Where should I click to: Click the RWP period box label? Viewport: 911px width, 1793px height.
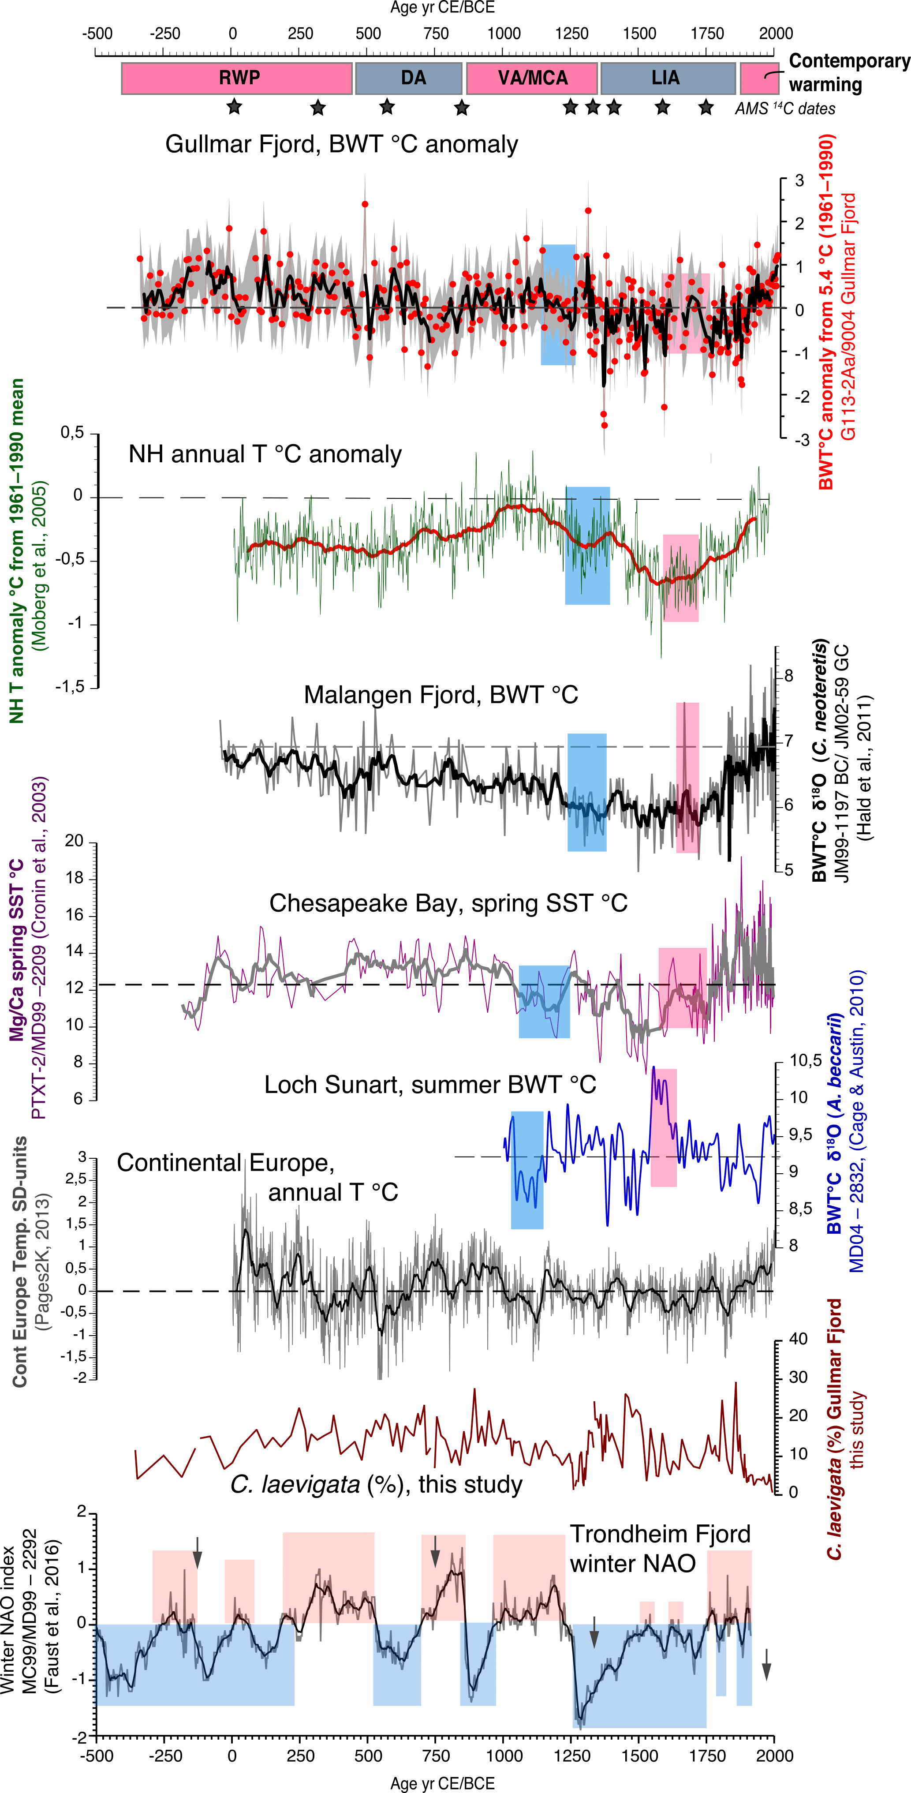click(x=239, y=77)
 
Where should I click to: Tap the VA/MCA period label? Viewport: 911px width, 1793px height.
click(x=532, y=77)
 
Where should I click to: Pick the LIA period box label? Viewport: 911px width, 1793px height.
click(x=665, y=77)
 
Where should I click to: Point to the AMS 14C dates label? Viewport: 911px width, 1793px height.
click(x=784, y=109)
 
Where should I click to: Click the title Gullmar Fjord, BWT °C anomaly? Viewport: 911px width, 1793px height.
click(x=341, y=144)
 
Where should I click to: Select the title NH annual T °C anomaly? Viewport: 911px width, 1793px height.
click(x=265, y=454)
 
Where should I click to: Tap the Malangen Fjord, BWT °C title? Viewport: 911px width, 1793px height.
click(x=441, y=695)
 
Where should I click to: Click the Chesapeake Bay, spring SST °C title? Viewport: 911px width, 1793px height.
click(x=448, y=903)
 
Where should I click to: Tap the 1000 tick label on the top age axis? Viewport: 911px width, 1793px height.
click(x=503, y=34)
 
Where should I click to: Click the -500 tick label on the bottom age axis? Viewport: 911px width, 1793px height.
click(x=96, y=1756)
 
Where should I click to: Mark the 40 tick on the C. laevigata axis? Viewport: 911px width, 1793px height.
click(x=798, y=1339)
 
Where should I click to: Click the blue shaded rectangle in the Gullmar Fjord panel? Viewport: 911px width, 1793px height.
click(x=558, y=304)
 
